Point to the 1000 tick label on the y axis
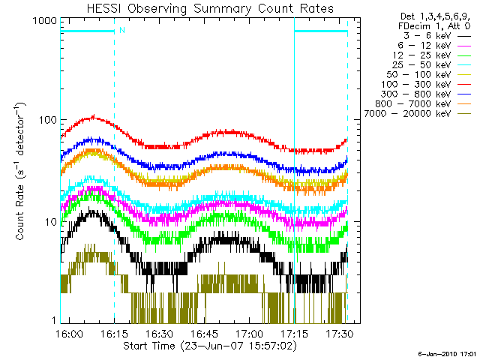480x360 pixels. (43, 22)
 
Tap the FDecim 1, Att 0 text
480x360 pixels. (434, 25)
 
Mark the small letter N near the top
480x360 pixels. (121, 30)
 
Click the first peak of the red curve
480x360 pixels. (93, 116)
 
